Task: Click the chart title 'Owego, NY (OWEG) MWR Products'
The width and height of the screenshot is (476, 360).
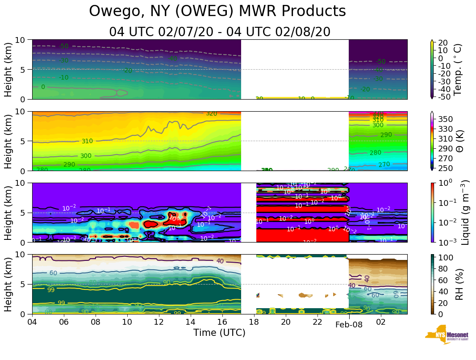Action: pyautogui.click(x=217, y=12)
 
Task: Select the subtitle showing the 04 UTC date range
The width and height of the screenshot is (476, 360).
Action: pyautogui.click(x=220, y=32)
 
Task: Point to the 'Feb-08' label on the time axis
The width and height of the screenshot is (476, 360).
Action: pyautogui.click(x=349, y=325)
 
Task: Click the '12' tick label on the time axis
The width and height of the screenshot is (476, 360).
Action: pyautogui.click(x=159, y=322)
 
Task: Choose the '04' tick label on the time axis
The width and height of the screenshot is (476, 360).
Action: pyautogui.click(x=32, y=322)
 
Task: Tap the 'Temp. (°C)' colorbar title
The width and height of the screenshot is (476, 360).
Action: pyautogui.click(x=458, y=69)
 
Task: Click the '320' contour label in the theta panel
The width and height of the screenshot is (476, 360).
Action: pyautogui.click(x=211, y=113)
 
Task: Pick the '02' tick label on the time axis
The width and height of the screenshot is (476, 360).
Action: pyautogui.click(x=381, y=322)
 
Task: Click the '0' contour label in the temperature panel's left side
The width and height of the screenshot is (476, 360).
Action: pyautogui.click(x=43, y=87)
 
